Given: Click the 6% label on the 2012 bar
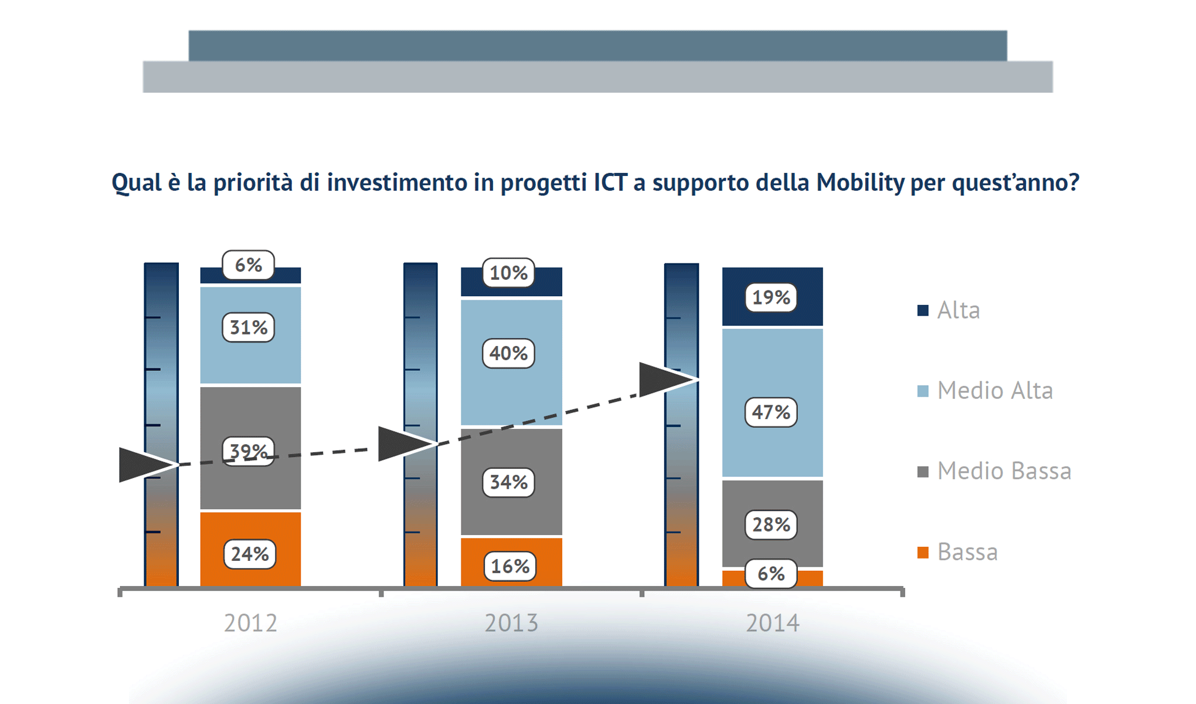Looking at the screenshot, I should [x=249, y=265].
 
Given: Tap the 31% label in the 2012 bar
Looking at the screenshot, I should [x=249, y=327].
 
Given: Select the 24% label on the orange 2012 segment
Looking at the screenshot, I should [x=250, y=554].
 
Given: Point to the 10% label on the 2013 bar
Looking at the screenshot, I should [x=508, y=273].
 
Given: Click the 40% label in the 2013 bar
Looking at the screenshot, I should [x=508, y=353].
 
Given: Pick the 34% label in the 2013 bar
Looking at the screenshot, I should [x=508, y=482].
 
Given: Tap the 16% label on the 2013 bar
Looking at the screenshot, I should [x=510, y=566].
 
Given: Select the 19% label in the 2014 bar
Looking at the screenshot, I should [x=771, y=297].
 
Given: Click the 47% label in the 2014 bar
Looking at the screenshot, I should [x=771, y=412].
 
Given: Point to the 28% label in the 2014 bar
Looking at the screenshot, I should [x=771, y=524].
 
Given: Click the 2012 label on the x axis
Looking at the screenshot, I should [x=250, y=623].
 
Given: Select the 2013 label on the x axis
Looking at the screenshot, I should [x=511, y=623].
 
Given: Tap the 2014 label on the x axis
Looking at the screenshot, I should [x=772, y=623].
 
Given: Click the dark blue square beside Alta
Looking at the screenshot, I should [x=923, y=310].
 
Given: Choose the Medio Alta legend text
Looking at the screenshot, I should [x=995, y=391].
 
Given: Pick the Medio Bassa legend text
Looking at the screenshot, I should [x=1004, y=471].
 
